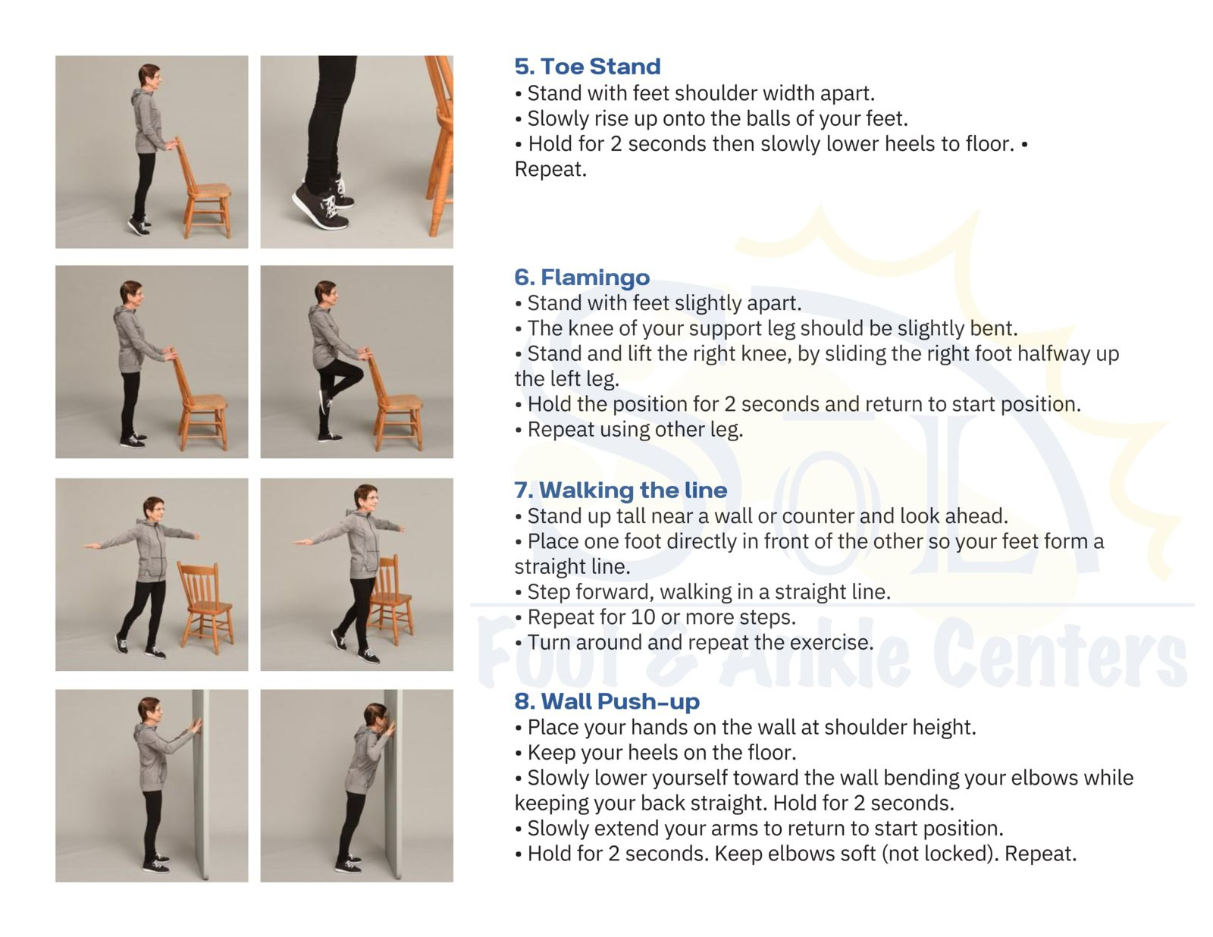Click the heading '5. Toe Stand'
[587, 67]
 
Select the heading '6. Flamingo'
[581, 277]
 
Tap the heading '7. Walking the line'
[620, 490]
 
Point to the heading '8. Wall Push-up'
[606, 701]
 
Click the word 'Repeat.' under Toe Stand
[550, 169]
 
